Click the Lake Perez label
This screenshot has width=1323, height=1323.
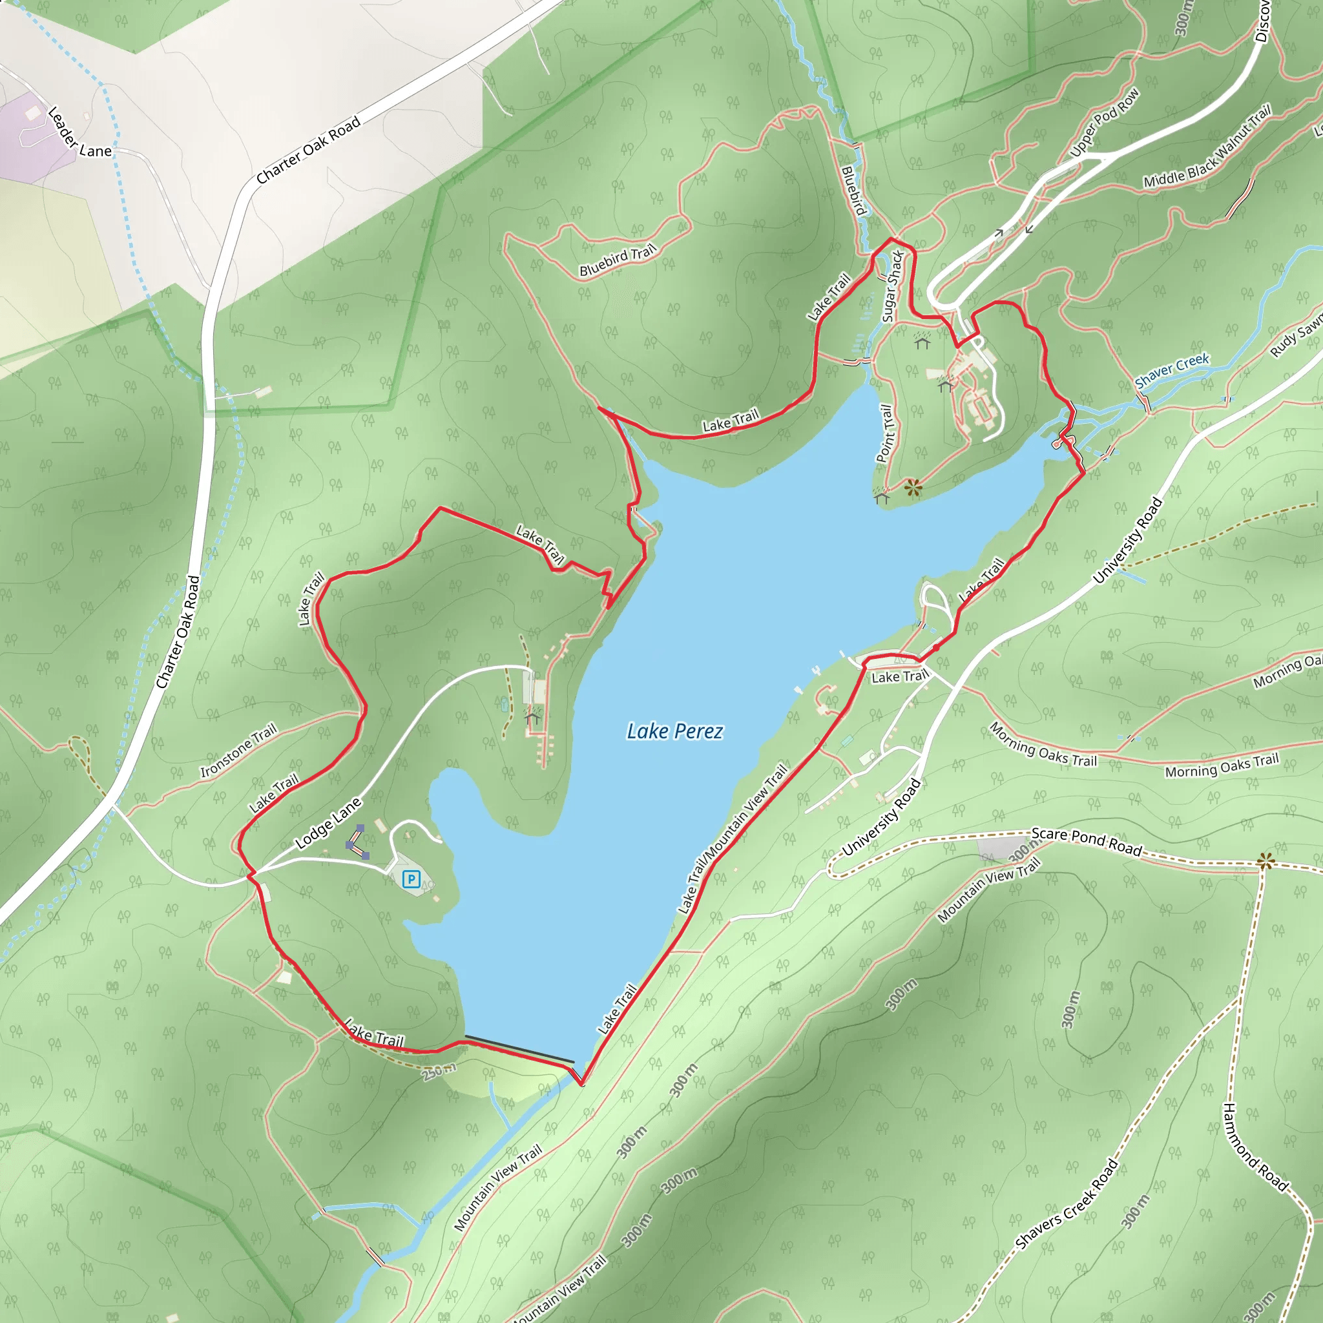click(x=674, y=731)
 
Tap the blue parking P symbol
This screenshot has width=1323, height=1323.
click(x=411, y=879)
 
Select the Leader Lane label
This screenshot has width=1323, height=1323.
click(x=79, y=133)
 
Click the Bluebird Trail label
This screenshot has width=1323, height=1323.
click(x=617, y=262)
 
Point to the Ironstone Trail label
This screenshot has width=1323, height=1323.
click(x=238, y=751)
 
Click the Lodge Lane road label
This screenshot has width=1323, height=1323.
click(x=328, y=824)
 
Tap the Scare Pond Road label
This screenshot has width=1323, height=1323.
click(x=1086, y=842)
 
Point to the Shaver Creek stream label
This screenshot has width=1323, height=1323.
click(x=1172, y=370)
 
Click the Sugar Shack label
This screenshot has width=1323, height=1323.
click(x=892, y=287)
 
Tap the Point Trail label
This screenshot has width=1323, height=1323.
click(x=885, y=433)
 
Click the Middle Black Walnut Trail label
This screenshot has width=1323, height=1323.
click(x=1207, y=148)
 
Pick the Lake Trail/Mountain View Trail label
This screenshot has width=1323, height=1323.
click(x=732, y=840)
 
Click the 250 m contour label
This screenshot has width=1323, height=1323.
click(x=438, y=1071)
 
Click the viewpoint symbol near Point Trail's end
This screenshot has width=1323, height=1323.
click(x=913, y=488)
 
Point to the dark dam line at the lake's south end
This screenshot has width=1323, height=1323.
click(x=519, y=1048)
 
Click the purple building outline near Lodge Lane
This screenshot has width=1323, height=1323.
click(x=357, y=843)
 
